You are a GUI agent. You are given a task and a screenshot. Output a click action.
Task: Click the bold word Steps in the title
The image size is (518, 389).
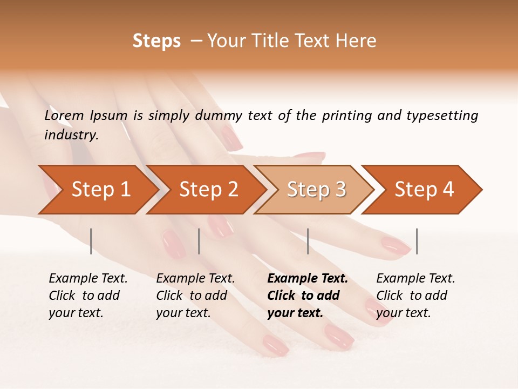(x=156, y=41)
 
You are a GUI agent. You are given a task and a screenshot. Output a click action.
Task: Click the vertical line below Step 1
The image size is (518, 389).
(x=91, y=241)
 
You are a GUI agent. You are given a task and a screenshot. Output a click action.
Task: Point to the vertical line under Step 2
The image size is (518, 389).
(x=199, y=241)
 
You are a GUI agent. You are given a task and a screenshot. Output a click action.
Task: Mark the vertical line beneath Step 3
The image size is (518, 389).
(x=308, y=241)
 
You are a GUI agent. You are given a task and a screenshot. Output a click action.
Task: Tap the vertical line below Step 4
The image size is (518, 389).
(x=417, y=241)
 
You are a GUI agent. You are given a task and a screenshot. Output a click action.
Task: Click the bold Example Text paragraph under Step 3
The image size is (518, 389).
(x=307, y=296)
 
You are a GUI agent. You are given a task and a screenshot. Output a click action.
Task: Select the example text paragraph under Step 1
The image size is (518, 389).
(x=88, y=296)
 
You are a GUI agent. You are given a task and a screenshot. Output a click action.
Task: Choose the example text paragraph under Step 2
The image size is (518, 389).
(x=195, y=296)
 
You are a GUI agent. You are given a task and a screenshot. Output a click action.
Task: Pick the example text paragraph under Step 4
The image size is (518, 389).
(x=415, y=296)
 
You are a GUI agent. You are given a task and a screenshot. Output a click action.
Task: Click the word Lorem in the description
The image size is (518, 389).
(x=64, y=116)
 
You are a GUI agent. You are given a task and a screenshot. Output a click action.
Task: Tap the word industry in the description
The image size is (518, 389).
(x=71, y=135)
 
